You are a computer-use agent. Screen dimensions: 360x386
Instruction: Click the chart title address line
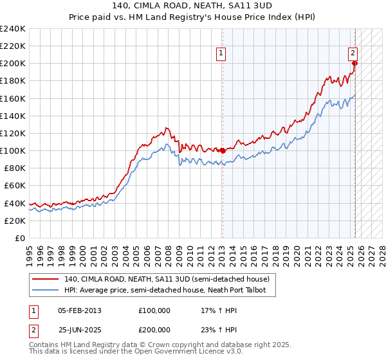click(x=192, y=6)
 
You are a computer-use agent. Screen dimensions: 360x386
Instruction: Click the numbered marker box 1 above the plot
click(x=221, y=54)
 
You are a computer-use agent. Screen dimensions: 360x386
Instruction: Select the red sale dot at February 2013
click(x=223, y=150)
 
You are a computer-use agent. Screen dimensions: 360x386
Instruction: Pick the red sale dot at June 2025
click(x=355, y=63)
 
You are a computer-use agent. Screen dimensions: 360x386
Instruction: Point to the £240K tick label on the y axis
click(x=13, y=29)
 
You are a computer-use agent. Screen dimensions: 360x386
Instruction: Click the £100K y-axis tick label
click(x=13, y=150)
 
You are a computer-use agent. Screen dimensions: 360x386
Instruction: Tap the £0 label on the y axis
click(x=19, y=238)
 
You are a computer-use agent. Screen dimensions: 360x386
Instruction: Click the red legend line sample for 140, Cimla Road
click(x=45, y=279)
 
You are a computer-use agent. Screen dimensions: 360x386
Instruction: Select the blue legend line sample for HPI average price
click(x=45, y=291)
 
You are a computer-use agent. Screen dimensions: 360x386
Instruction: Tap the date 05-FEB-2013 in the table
click(x=80, y=310)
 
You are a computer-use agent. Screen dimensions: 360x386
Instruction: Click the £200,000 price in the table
click(x=154, y=329)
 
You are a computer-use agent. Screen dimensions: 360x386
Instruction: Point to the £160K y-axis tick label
click(x=13, y=98)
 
